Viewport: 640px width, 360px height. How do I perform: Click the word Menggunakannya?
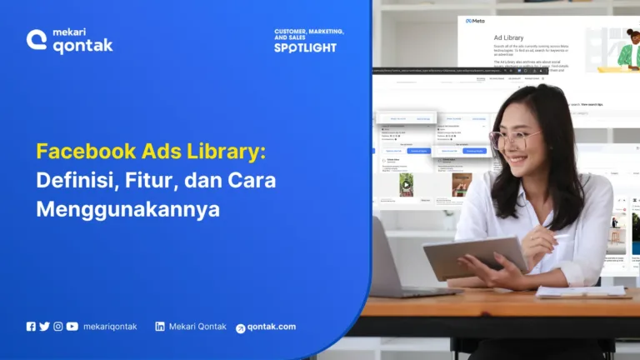[x=127, y=208]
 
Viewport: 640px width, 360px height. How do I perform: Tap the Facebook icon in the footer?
[x=31, y=327]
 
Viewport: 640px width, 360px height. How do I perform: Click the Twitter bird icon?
[x=44, y=327]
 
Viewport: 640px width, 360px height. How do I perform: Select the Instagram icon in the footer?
[x=58, y=327]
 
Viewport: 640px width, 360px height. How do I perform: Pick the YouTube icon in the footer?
[x=72, y=327]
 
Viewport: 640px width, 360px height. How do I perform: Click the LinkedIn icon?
[x=160, y=327]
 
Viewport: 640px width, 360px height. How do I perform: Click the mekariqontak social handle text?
[x=110, y=327]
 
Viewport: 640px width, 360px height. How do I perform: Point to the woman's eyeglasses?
[x=513, y=138]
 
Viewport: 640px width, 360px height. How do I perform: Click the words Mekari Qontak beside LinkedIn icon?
[x=197, y=327]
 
